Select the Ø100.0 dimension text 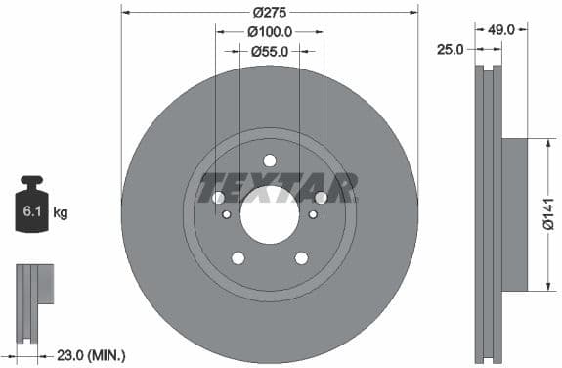click(x=269, y=31)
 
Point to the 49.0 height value click(x=501, y=30)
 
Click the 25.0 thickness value click(x=452, y=48)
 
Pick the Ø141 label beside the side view click(x=547, y=214)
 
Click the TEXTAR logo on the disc click(x=278, y=187)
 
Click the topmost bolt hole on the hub click(x=270, y=161)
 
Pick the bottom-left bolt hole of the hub click(x=238, y=258)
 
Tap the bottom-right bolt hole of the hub click(x=301, y=258)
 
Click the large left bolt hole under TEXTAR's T click(x=219, y=198)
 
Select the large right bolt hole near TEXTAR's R click(x=321, y=198)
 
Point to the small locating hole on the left click(x=227, y=214)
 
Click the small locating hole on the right click(x=313, y=214)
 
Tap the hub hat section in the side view click(x=514, y=214)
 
